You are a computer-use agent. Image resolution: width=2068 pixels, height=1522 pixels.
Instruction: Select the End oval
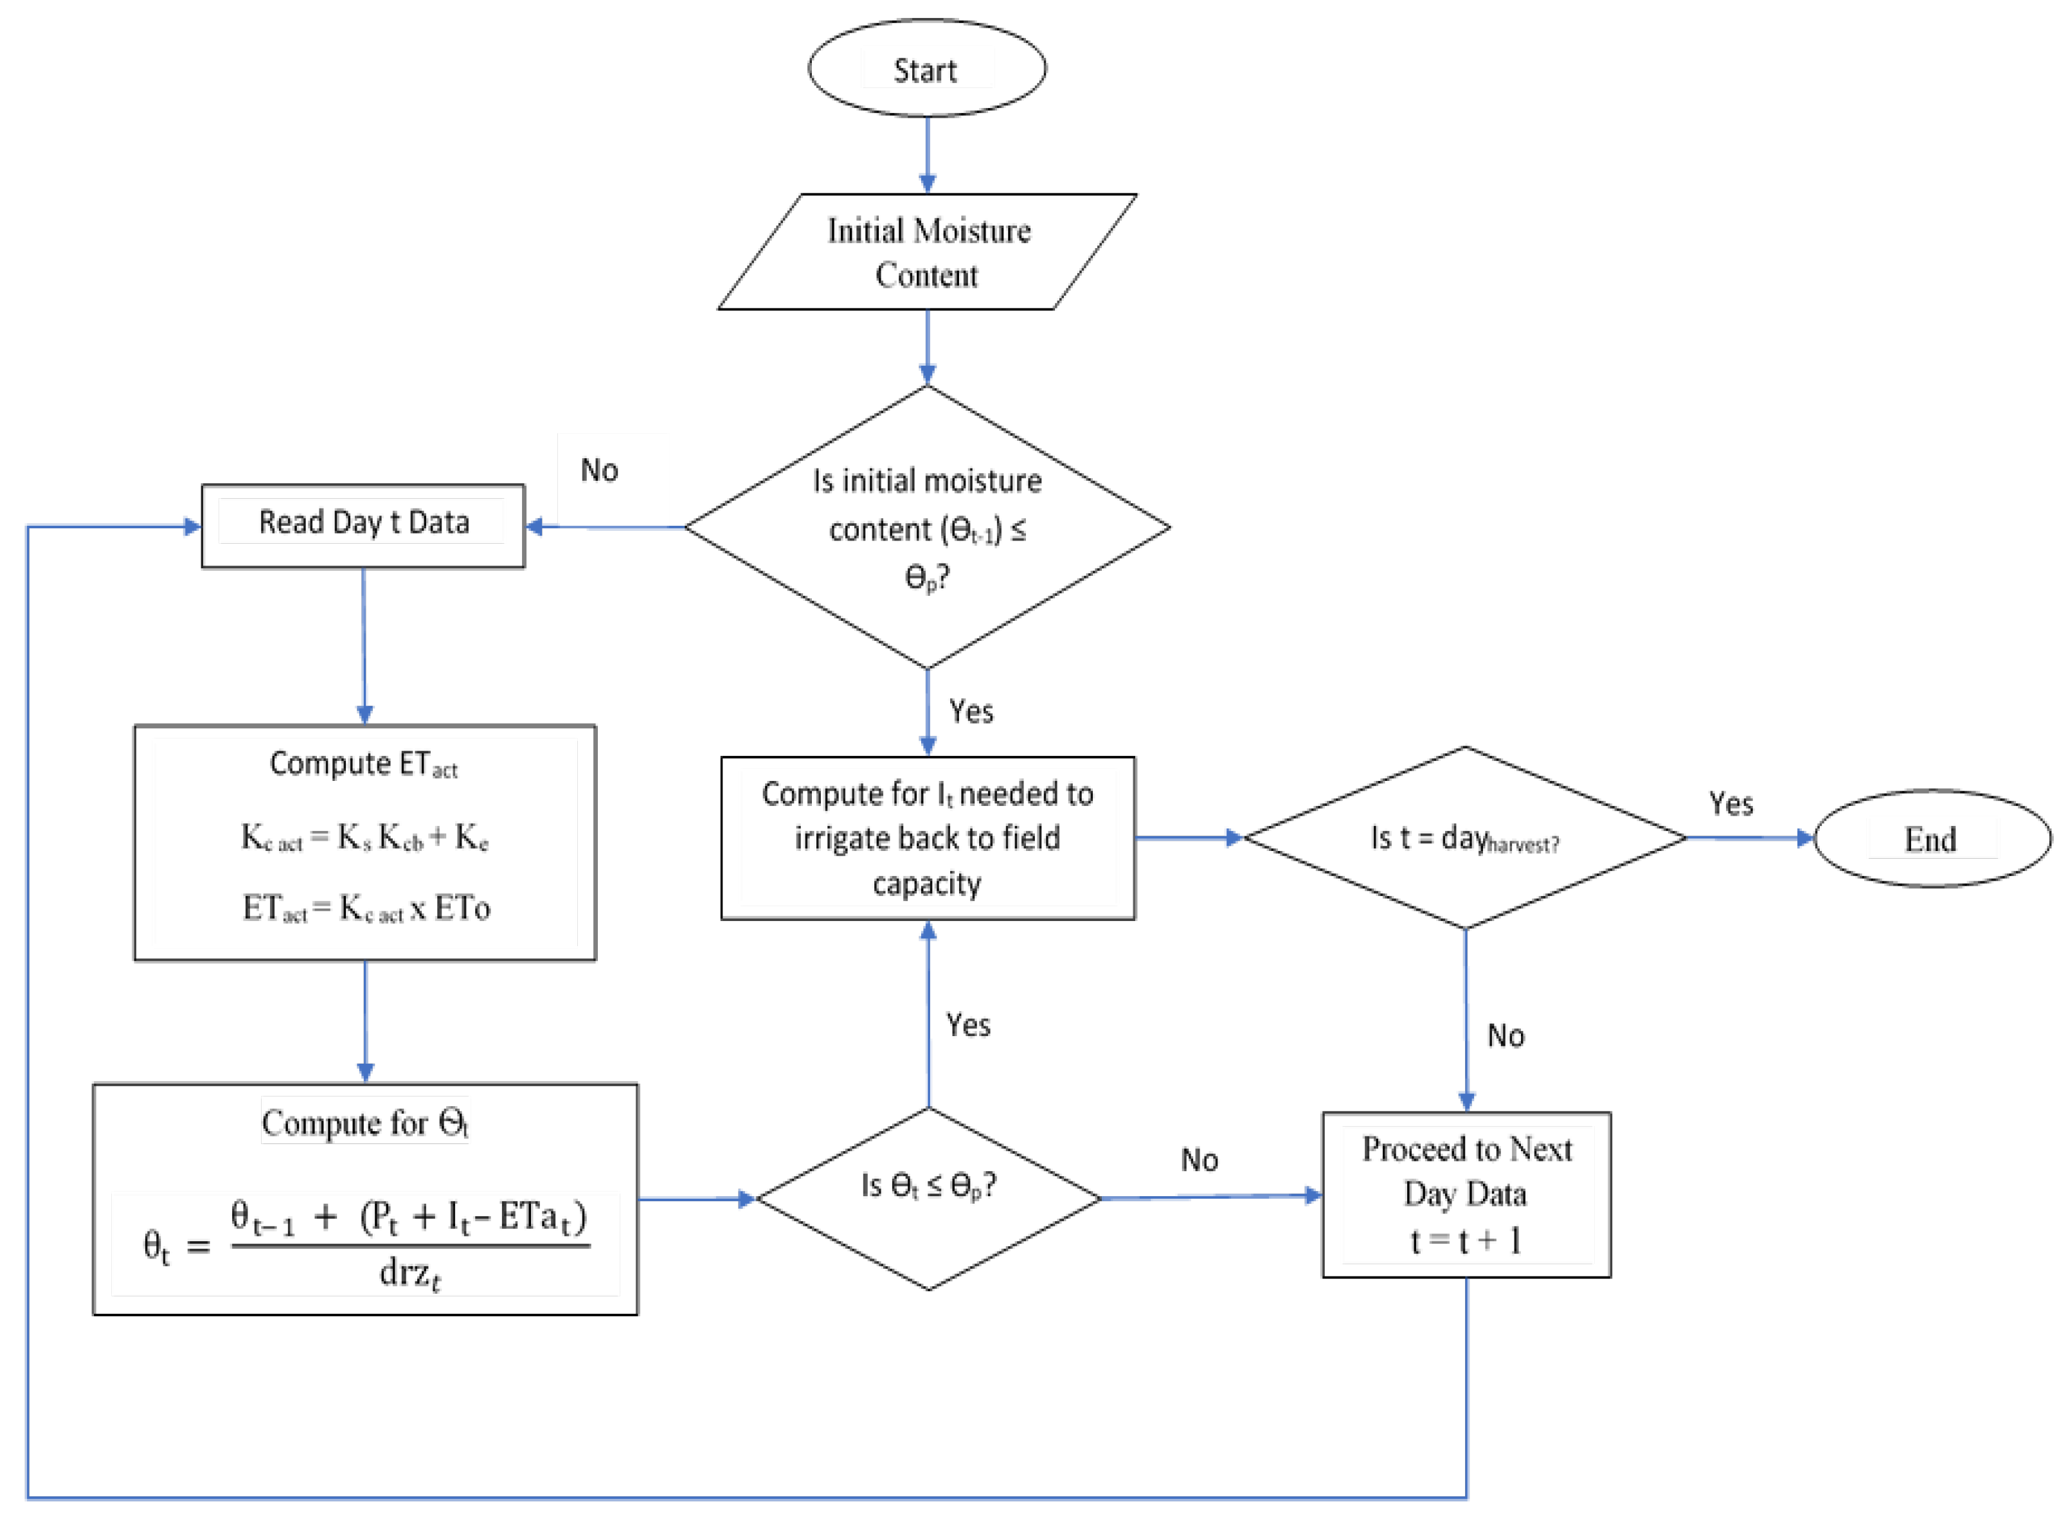1932,838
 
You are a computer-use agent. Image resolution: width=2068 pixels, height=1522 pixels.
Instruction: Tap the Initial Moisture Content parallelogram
926,251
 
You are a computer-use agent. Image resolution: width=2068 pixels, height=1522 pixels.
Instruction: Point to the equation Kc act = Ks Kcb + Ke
365,837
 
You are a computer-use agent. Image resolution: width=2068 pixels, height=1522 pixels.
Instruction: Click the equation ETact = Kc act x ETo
366,908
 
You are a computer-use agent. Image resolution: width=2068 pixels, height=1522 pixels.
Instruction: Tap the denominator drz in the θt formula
409,1273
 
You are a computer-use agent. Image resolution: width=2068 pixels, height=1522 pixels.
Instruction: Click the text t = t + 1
1465,1240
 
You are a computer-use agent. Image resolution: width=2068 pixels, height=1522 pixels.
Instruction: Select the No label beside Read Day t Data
599,470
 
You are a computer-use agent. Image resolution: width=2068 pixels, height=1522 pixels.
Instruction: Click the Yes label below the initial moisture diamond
971,712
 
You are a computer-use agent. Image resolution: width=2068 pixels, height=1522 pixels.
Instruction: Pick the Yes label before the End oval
1731,803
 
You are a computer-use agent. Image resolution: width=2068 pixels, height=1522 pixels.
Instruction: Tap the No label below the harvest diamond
1506,1035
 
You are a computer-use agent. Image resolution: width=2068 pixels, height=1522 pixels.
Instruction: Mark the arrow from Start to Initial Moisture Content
927,155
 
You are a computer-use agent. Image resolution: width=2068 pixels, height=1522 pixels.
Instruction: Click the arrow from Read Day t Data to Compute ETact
364,645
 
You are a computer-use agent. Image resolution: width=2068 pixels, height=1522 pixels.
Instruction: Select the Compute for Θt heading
365,1122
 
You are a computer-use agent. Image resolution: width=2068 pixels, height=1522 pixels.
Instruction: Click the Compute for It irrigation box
927,838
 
